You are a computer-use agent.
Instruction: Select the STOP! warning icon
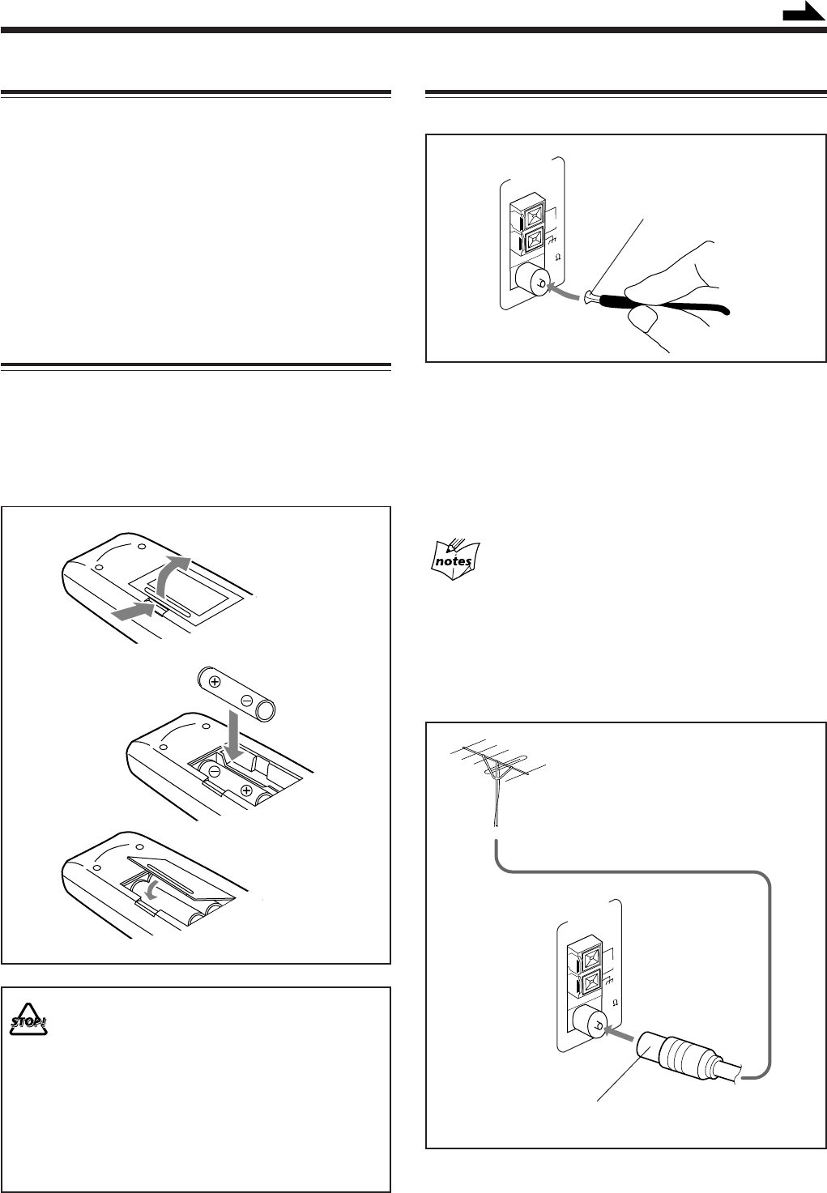pos(29,1024)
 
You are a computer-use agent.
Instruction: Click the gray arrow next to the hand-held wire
pos(564,289)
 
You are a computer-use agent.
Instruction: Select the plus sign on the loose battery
pos(215,682)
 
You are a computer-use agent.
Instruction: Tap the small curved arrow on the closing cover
pos(149,888)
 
